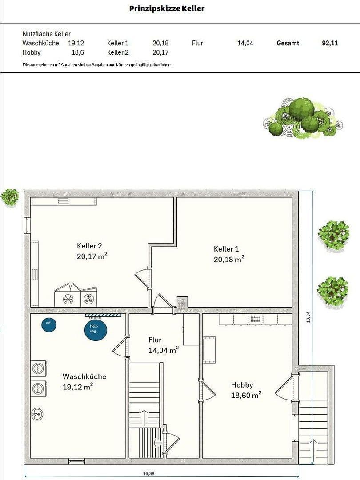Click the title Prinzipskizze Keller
click(167, 8)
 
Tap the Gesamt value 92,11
click(329, 43)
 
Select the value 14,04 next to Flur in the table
click(245, 43)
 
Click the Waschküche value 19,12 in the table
click(76, 43)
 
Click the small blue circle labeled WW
click(48, 324)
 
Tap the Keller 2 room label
click(89, 246)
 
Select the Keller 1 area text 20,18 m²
click(228, 259)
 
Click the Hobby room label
click(242, 385)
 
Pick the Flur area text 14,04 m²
click(163, 350)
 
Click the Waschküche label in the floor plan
click(84, 376)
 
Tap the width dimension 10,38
click(149, 474)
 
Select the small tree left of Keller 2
click(9, 197)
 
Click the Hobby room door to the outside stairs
click(284, 389)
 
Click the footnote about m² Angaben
click(96, 65)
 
